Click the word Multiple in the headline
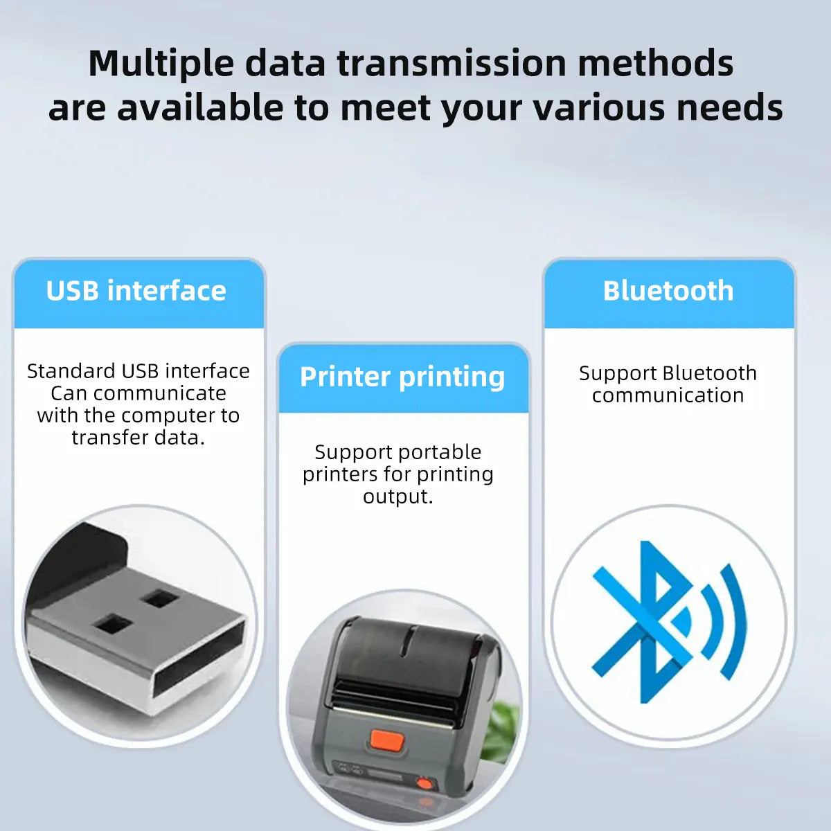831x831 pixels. pos(161,64)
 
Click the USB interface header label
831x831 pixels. pos(136,291)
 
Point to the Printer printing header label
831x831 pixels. pos(402,377)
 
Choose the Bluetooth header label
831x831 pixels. pos(668,291)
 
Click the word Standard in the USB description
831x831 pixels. pos(71,371)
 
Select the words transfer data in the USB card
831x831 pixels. pos(138,438)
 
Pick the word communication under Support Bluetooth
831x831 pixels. pos(668,395)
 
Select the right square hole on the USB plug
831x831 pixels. pos(161,598)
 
